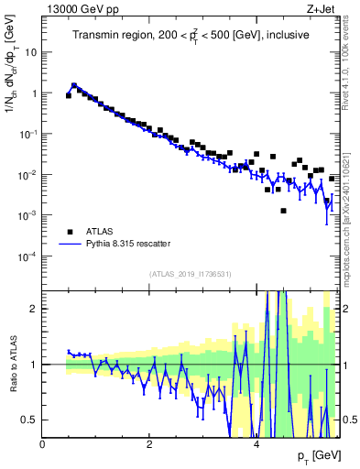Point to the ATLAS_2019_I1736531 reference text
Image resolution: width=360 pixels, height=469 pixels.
[x=191, y=273]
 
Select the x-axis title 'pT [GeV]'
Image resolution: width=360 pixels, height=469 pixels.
[x=318, y=455]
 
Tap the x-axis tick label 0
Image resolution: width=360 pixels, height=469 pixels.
[x=43, y=444]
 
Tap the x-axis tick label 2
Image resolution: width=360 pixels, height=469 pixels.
[x=149, y=444]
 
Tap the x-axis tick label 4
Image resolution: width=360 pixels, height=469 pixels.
[x=256, y=444]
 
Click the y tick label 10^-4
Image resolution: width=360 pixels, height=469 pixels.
[x=27, y=256]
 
